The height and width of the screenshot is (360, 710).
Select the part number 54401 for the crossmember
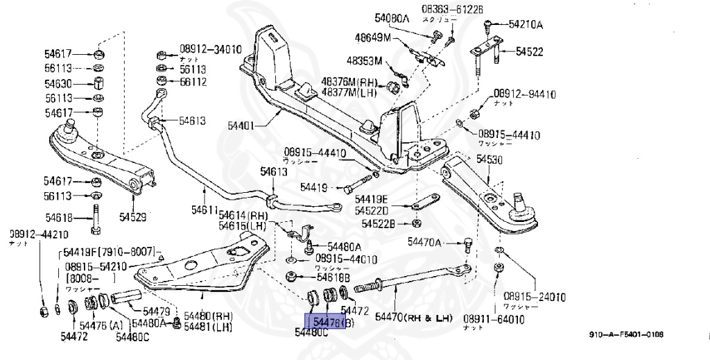coord(241,126)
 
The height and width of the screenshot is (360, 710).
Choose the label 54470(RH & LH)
coord(414,318)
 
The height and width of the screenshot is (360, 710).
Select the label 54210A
coord(525,25)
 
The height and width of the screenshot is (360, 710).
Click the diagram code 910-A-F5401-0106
coord(626,335)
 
